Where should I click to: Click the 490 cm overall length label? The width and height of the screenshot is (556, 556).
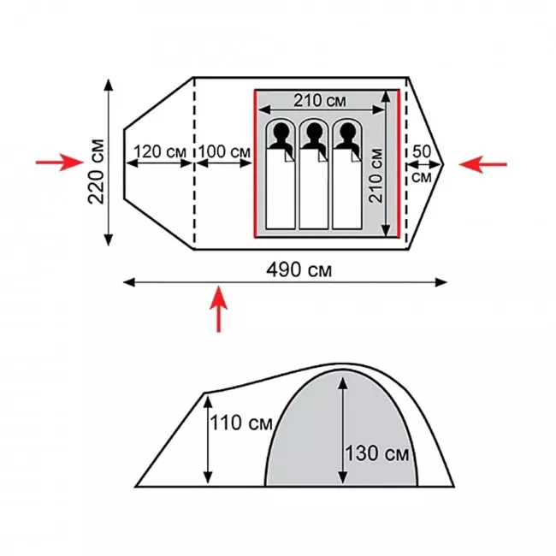[x=299, y=270]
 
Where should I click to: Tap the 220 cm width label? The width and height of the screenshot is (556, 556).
[x=97, y=172]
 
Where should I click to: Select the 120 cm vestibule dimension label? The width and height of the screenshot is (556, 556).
[x=160, y=151]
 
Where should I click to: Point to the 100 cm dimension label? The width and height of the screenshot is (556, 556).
[x=224, y=151]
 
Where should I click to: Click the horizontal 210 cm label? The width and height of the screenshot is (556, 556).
[x=320, y=101]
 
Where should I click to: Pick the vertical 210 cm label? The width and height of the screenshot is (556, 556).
[x=376, y=175]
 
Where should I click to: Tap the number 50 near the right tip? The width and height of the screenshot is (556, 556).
[x=422, y=151]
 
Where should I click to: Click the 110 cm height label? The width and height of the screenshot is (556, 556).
[x=241, y=423]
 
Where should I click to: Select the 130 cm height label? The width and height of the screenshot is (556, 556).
[x=377, y=453]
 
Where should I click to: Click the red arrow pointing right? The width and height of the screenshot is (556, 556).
[x=60, y=163]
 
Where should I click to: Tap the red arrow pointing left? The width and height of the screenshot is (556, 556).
[x=483, y=164]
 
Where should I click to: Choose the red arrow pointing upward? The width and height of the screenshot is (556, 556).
[x=219, y=309]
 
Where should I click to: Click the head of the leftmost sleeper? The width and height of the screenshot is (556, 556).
[x=281, y=131]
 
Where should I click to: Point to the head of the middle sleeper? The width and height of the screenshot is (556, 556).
[x=314, y=131]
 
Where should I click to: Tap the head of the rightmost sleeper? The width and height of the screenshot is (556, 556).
[x=347, y=131]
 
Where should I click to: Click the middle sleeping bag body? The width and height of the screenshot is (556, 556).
[x=313, y=189]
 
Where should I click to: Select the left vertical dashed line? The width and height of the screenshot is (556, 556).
[x=194, y=163]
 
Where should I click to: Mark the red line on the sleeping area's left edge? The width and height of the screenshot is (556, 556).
[x=255, y=163]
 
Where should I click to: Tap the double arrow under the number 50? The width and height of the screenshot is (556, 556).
[x=424, y=164]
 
